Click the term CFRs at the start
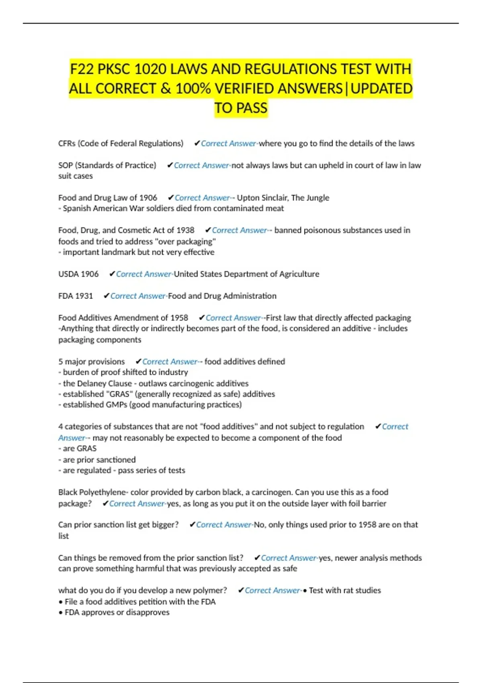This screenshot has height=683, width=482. click(67, 143)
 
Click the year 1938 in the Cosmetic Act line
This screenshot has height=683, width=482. click(185, 230)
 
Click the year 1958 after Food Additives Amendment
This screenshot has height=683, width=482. click(179, 318)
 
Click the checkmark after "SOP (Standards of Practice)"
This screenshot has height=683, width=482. click(170, 165)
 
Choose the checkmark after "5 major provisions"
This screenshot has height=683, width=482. click(139, 362)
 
